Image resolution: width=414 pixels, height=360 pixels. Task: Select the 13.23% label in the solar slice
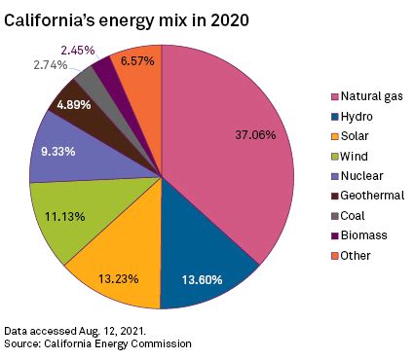click(x=117, y=278)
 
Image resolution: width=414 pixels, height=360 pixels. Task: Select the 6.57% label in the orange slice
click(x=138, y=60)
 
